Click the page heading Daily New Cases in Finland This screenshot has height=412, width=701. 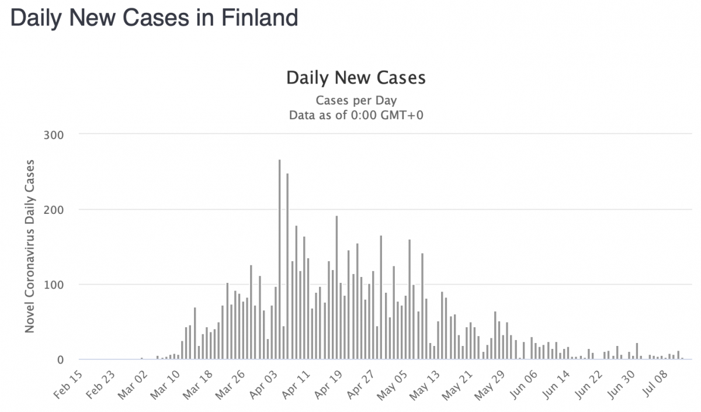[x=154, y=18]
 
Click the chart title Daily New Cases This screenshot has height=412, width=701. [x=356, y=78]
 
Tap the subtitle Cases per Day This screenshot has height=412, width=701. [x=356, y=101]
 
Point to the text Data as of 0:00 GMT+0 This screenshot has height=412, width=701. [x=356, y=115]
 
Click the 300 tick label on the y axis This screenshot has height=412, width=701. [x=53, y=134]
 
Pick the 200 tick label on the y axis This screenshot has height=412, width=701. [x=53, y=209]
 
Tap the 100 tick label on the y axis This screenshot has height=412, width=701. [x=53, y=285]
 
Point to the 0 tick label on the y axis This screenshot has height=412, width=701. [x=59, y=359]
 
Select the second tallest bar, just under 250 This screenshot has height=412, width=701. [x=287, y=266]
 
